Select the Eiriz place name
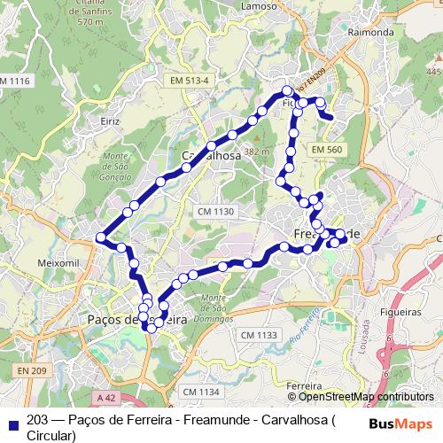click(x=110, y=120)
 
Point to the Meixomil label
click(x=58, y=263)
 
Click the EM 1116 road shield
click(x=14, y=82)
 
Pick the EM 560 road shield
click(x=326, y=151)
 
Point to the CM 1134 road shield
click(x=199, y=391)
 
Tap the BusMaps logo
click(x=400, y=423)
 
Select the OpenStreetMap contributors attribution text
click(x=364, y=397)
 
